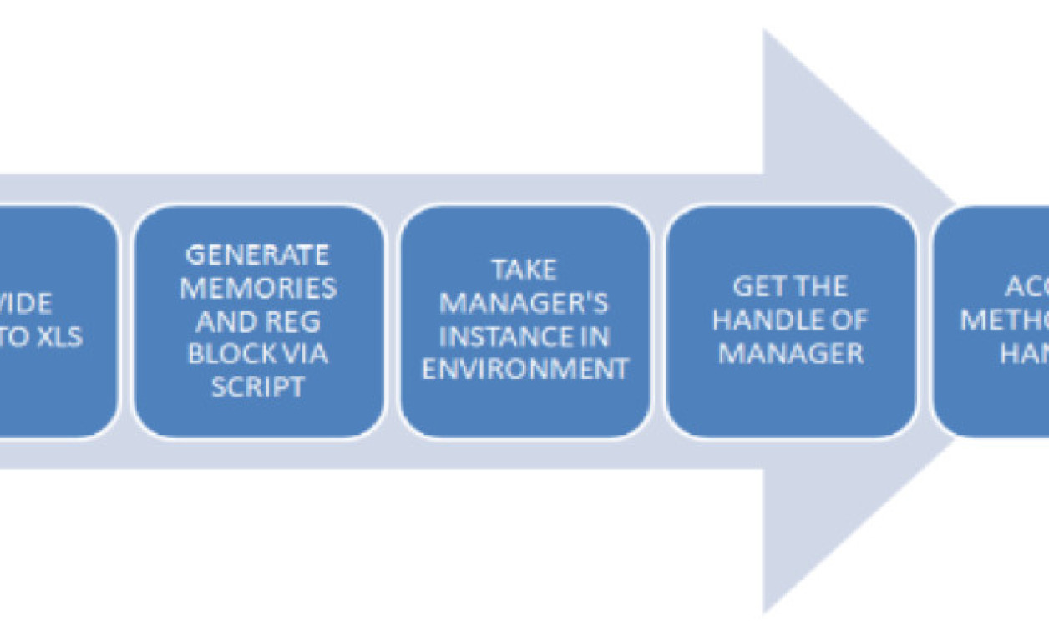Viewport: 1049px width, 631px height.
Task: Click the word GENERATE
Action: pyautogui.click(x=257, y=254)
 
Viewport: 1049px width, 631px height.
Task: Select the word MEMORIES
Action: pyautogui.click(x=257, y=288)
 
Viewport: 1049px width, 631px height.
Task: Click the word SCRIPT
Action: pyautogui.click(x=257, y=387)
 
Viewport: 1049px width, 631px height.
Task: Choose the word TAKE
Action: pyautogui.click(x=524, y=270)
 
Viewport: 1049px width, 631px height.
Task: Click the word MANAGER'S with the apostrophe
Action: pyautogui.click(x=524, y=303)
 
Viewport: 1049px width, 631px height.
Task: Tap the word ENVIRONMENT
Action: pyautogui.click(x=524, y=369)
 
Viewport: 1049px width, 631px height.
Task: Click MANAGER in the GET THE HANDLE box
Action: pyautogui.click(x=791, y=353)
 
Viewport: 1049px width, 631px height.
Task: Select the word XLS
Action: pyautogui.click(x=58, y=337)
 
